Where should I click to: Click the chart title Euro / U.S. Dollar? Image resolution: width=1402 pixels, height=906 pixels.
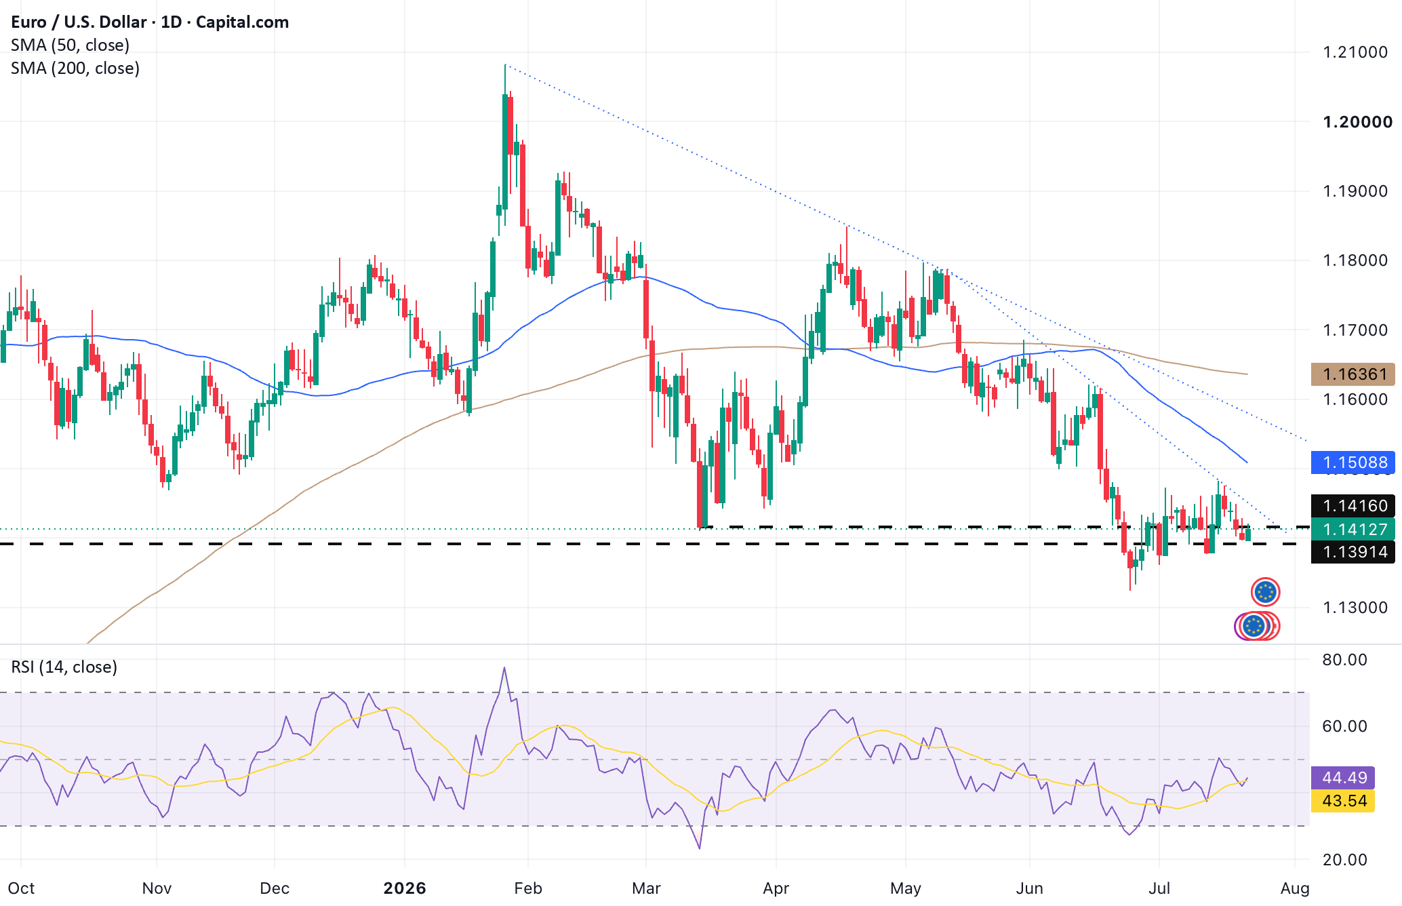pyautogui.click(x=79, y=22)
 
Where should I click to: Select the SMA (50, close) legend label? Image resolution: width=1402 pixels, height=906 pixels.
pyautogui.click(x=71, y=45)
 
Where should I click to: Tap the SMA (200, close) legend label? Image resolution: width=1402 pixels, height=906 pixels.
pyautogui.click(x=75, y=68)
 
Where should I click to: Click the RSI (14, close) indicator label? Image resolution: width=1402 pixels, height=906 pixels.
pyautogui.click(x=64, y=667)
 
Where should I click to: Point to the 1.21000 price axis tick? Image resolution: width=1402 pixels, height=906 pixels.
pyautogui.click(x=1355, y=52)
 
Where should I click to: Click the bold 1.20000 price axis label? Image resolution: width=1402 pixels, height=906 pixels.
pyautogui.click(x=1358, y=122)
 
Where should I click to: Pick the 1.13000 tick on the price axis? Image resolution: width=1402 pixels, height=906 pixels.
pyautogui.click(x=1355, y=608)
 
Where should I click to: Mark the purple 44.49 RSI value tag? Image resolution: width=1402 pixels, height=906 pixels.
pyautogui.click(x=1343, y=777)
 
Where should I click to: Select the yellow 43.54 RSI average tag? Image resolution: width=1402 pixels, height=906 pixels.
pyautogui.click(x=1343, y=800)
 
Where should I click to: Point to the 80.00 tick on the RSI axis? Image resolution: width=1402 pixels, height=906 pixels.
pyautogui.click(x=1345, y=660)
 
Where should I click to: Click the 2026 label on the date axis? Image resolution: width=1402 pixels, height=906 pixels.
pyautogui.click(x=405, y=888)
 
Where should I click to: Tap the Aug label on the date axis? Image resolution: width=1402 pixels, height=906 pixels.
pyautogui.click(x=1295, y=888)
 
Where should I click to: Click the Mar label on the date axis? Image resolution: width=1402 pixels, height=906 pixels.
pyautogui.click(x=646, y=888)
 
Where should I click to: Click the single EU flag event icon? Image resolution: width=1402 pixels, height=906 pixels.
pyautogui.click(x=1265, y=592)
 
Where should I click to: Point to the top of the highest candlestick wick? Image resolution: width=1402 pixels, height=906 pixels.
pyautogui.click(x=505, y=64)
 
